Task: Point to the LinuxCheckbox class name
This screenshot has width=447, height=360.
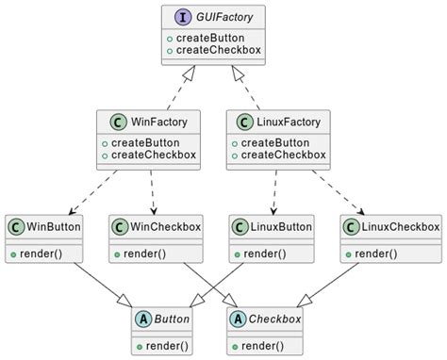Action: pos(401,227)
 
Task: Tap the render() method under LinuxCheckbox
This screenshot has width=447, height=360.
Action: pos(372,254)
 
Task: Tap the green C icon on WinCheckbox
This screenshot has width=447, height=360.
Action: pos(120,227)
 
